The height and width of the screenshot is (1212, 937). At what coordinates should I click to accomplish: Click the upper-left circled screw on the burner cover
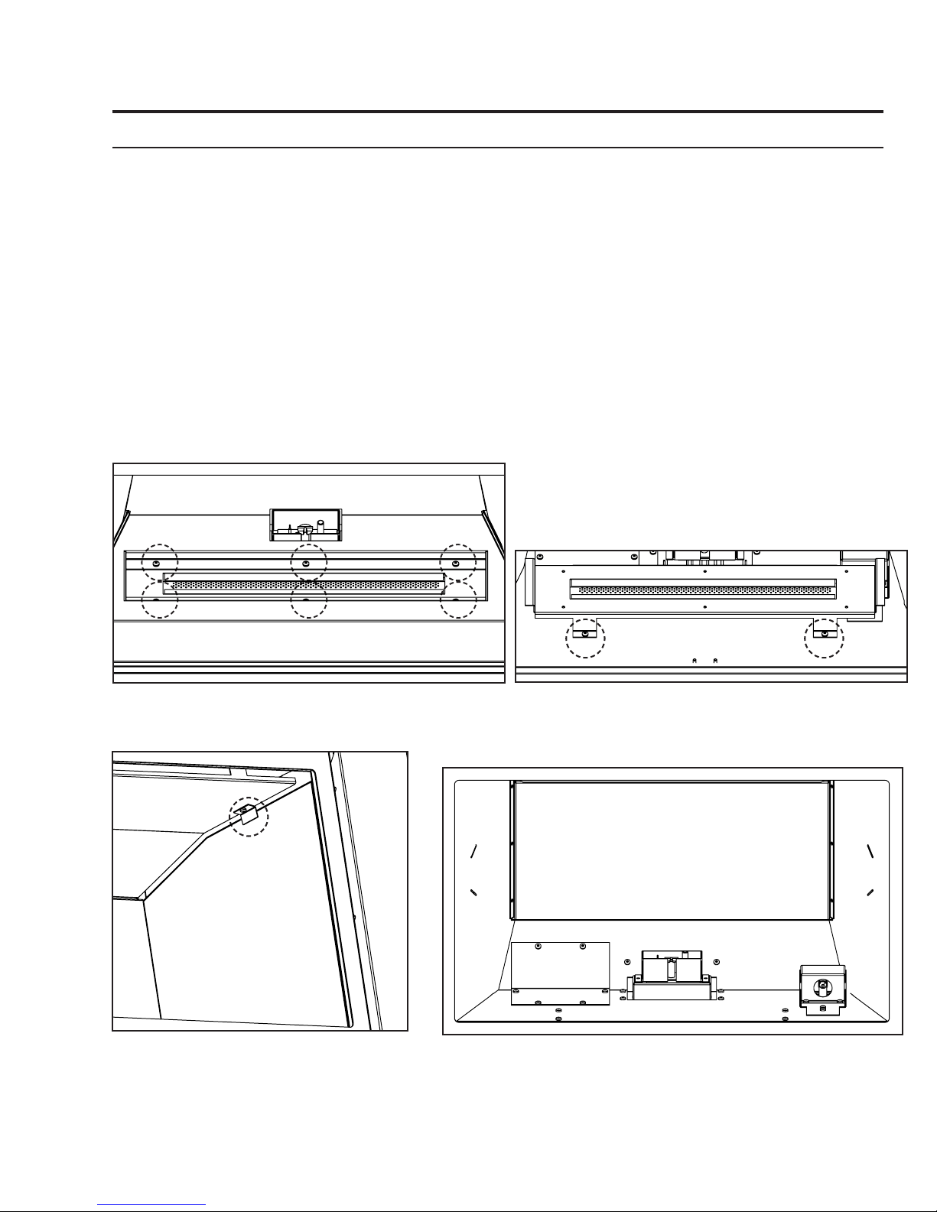[156, 563]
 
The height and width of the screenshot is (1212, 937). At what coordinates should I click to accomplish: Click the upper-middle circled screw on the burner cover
[306, 563]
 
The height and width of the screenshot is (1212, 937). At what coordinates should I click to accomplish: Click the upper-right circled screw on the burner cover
[456, 563]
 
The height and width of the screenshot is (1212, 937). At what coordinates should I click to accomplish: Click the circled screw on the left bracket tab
[585, 634]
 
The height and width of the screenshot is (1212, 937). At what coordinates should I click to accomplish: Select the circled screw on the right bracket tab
[825, 634]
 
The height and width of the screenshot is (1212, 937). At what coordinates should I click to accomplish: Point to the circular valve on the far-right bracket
[822, 985]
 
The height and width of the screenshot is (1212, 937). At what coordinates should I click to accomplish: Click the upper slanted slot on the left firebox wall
[474, 850]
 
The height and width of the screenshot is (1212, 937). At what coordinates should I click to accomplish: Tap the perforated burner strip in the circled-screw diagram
[304, 586]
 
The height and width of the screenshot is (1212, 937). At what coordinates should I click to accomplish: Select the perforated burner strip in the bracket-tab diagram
[704, 590]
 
